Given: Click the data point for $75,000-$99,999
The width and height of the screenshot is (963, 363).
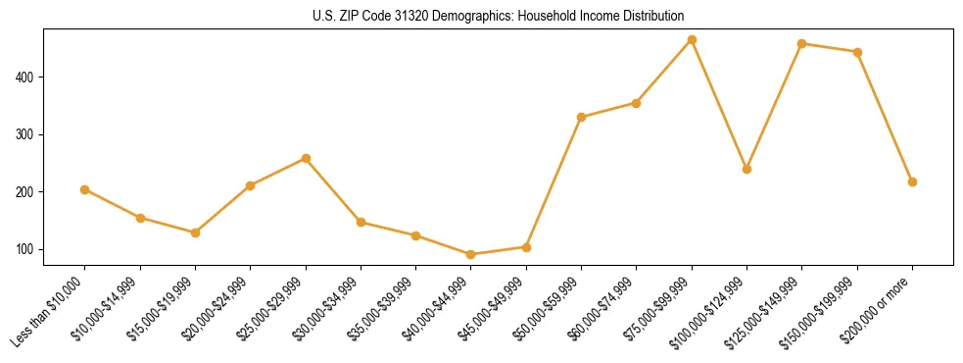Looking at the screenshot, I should [692, 40].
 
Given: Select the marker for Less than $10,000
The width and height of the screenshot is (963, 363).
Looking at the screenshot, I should [85, 189].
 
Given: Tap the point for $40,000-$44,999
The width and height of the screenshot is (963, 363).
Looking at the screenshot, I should [471, 255].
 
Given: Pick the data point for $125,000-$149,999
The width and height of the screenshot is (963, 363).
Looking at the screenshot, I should [802, 44].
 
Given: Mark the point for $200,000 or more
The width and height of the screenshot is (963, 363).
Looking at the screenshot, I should [912, 181].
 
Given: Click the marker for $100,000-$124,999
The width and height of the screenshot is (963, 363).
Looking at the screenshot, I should [747, 169].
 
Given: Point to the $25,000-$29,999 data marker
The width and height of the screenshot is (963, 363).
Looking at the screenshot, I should [306, 158].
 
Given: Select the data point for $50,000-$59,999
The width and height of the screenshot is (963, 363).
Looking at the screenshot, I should [582, 117].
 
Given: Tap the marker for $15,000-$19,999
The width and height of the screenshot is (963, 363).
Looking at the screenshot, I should [195, 233].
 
